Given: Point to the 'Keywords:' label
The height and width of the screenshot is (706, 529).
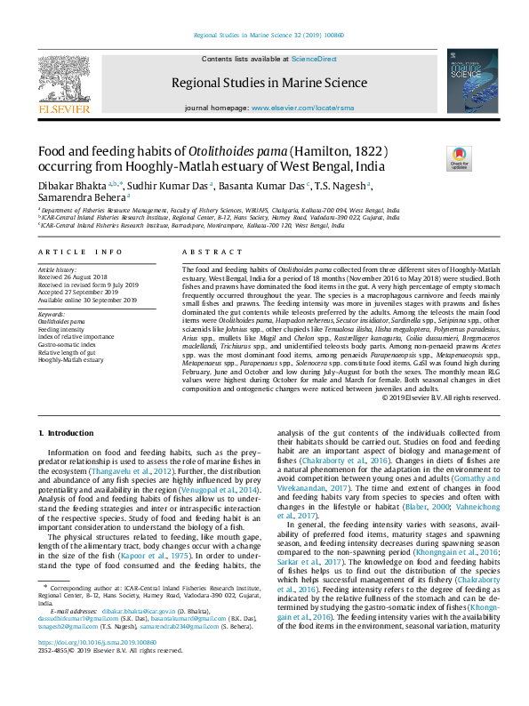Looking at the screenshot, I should click(x=52, y=313).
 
